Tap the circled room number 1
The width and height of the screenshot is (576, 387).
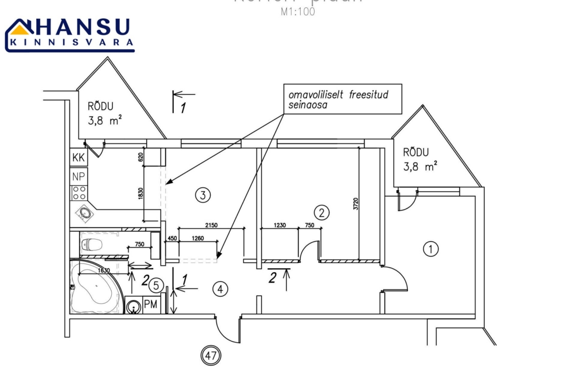click(431, 249)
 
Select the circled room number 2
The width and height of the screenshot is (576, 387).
click(321, 213)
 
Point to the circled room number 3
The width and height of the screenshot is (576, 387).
click(203, 195)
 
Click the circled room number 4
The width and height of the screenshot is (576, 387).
click(220, 289)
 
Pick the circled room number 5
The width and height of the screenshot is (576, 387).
click(156, 285)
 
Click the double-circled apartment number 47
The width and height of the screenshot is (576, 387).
click(211, 355)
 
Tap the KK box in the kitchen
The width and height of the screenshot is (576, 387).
click(78, 158)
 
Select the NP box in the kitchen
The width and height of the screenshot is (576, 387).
click(78, 176)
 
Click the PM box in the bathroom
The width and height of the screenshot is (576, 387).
click(151, 305)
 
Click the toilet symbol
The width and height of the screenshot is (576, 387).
click(92, 244)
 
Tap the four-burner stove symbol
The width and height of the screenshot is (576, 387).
click(78, 192)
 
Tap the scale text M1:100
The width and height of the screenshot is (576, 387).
click(297, 12)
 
